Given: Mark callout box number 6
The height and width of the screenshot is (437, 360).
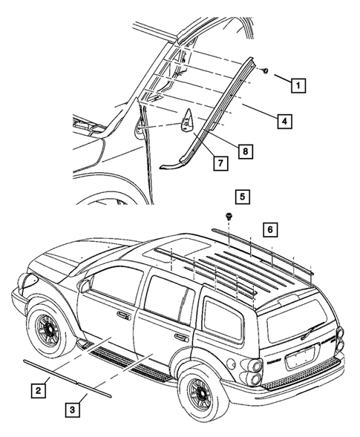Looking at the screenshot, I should [x=271, y=229].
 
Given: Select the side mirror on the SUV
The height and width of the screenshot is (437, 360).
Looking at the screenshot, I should [x=87, y=283].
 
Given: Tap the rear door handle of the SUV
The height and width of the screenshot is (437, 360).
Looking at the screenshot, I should [x=180, y=335].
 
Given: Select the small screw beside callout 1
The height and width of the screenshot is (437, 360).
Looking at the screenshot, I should [x=264, y=70].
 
